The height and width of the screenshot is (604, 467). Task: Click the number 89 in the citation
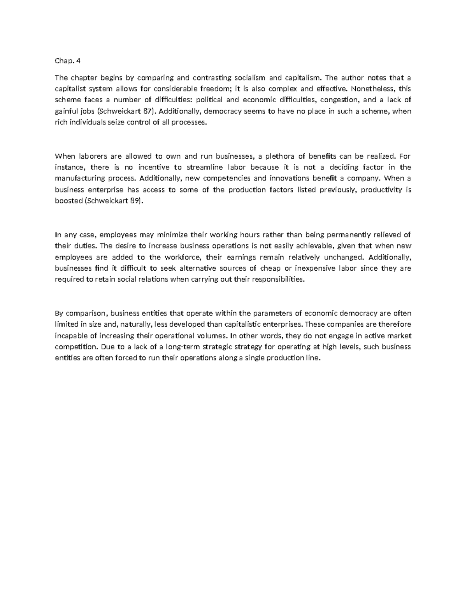(133, 201)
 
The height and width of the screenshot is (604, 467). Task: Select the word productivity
(381, 190)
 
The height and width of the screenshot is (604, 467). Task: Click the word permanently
(349, 235)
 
